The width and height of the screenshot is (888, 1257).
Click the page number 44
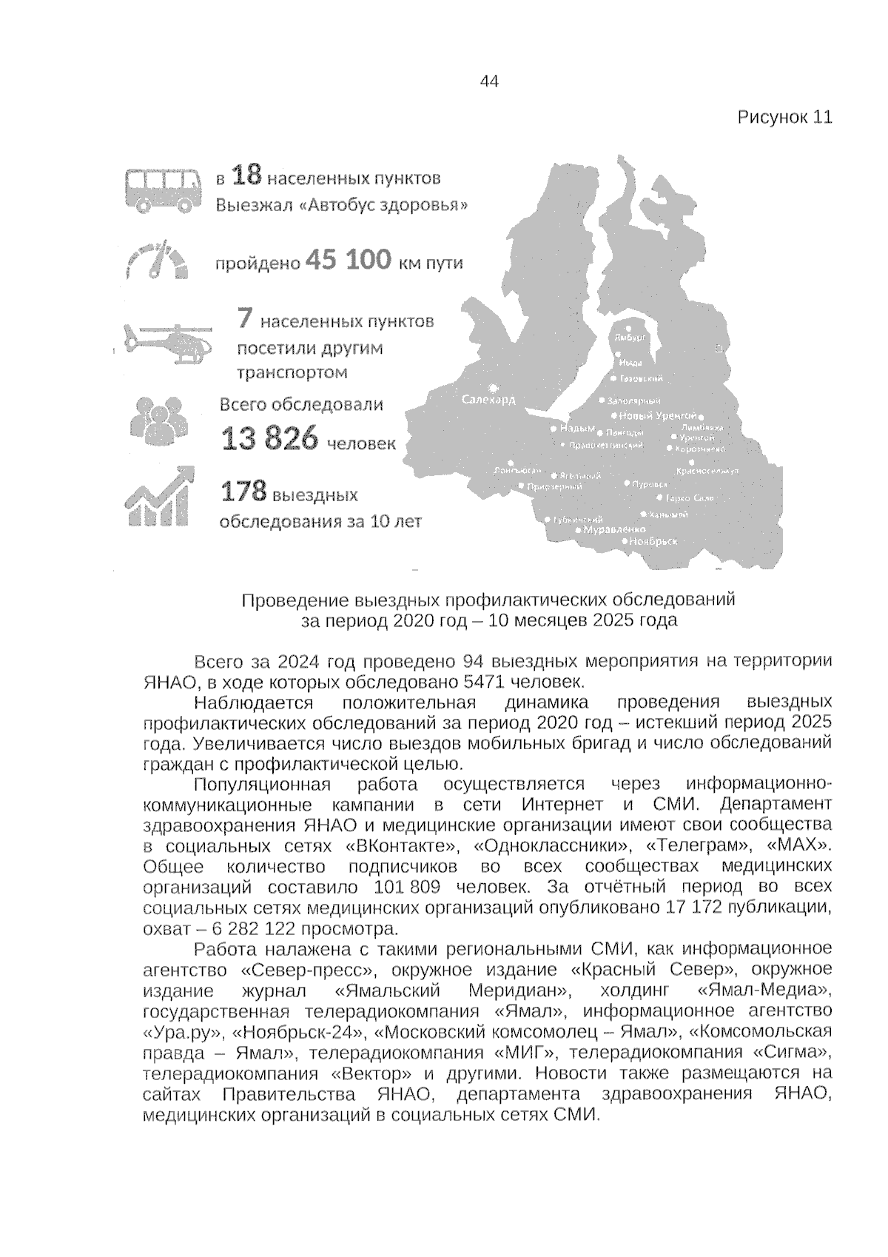point(489,81)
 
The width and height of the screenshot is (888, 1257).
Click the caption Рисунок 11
point(784,118)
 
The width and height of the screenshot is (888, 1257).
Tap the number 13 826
point(270,440)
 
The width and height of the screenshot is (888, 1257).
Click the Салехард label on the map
point(488,400)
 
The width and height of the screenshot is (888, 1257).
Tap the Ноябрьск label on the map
point(653,542)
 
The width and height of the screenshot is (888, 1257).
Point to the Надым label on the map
point(578,429)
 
